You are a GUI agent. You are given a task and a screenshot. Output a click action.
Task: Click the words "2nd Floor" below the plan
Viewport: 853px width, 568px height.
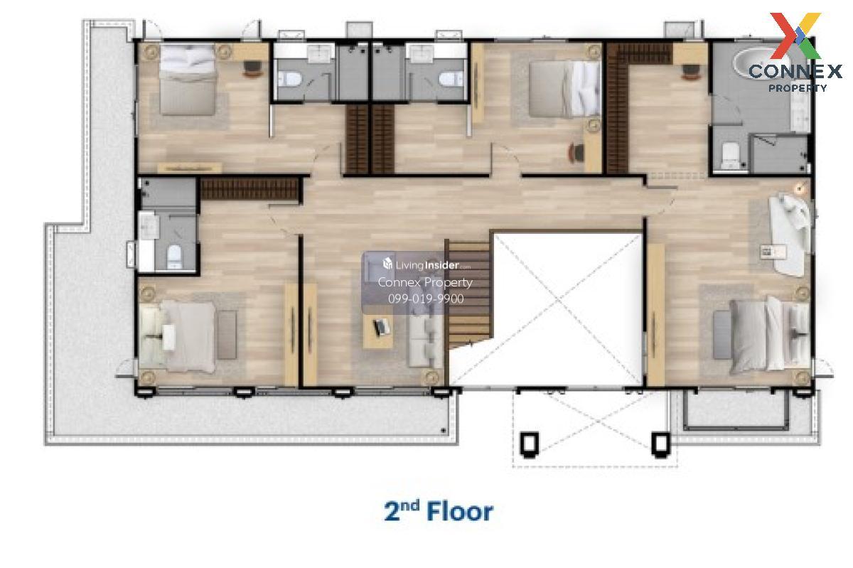pyautogui.click(x=439, y=511)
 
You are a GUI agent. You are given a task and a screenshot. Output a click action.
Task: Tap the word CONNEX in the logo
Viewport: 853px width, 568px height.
pyautogui.click(x=795, y=71)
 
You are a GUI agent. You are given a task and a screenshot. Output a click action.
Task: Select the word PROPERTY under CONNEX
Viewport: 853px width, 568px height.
pyautogui.click(x=798, y=88)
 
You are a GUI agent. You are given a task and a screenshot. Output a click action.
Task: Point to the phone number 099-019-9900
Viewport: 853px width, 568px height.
pyautogui.click(x=426, y=299)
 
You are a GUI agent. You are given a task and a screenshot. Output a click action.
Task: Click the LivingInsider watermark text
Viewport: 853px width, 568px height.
pyautogui.click(x=427, y=264)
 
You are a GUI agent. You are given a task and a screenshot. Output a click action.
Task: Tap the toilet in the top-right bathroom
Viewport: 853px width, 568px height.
pyautogui.click(x=730, y=155)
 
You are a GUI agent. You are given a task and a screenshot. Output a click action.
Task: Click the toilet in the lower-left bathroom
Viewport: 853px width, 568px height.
pyautogui.click(x=174, y=256)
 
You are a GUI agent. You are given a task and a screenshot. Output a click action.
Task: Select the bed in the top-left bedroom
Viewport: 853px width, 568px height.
pyautogui.click(x=187, y=79)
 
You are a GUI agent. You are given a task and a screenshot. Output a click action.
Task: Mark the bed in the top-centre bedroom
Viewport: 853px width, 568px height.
pyautogui.click(x=564, y=89)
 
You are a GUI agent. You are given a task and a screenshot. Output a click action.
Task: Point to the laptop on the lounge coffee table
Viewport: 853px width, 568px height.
pyautogui.click(x=380, y=327)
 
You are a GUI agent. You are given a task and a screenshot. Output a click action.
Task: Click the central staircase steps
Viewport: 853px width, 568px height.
pyautogui.click(x=468, y=294)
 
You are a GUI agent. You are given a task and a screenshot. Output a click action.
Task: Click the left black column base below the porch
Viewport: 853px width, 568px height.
pyautogui.click(x=529, y=444)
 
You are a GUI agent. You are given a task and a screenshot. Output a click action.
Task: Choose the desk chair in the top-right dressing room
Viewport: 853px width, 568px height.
pyautogui.click(x=691, y=72)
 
